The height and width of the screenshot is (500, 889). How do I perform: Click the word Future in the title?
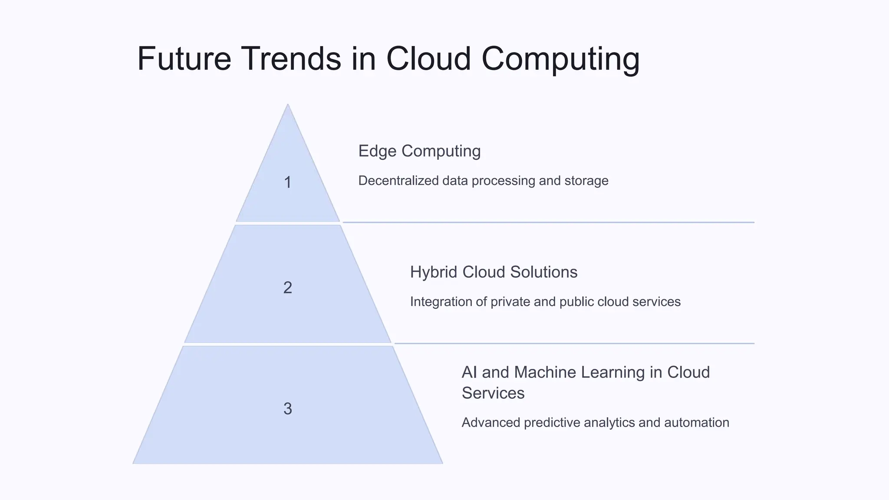(184, 59)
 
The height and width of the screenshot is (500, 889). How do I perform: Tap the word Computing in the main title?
(560, 59)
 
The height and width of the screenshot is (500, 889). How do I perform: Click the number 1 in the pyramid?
(287, 182)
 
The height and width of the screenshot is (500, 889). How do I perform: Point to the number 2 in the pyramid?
(287, 288)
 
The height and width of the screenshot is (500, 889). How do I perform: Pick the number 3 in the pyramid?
(287, 409)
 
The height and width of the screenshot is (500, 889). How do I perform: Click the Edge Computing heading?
(419, 151)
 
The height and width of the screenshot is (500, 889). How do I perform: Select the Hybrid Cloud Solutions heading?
(494, 272)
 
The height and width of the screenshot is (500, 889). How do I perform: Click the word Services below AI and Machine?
(493, 393)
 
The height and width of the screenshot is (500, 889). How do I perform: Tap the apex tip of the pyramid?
(288, 105)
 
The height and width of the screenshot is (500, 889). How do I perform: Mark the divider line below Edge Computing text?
(548, 222)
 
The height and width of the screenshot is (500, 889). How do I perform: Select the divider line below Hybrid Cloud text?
(574, 343)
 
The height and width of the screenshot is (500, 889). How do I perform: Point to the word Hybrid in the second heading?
(434, 272)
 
